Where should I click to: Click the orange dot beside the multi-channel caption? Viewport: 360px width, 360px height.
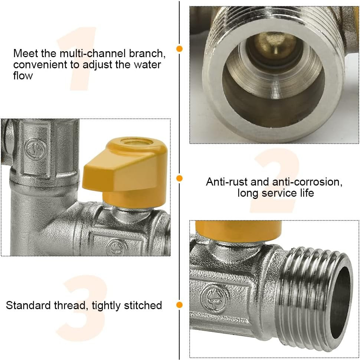(180, 49)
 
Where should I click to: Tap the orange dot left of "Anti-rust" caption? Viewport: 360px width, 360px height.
(180, 179)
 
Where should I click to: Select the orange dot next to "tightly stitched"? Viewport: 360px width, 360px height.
(180, 305)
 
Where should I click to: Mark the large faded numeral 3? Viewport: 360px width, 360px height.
(84, 306)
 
